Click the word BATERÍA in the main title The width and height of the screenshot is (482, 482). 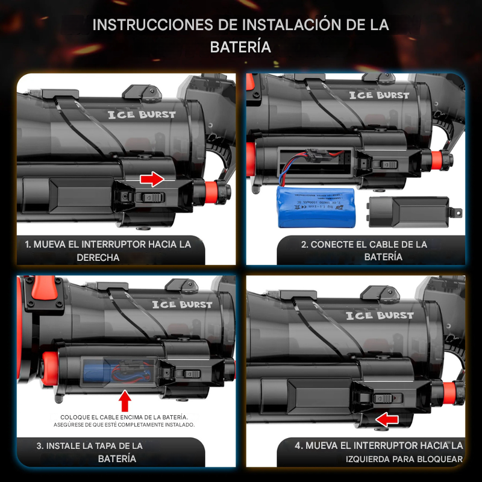pos(240,47)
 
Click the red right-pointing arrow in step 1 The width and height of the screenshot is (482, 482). pos(152,178)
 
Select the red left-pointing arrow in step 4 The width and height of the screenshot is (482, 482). pos(387,419)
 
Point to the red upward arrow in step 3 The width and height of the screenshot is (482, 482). pos(125,400)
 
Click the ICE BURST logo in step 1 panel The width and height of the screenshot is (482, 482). pos(142,114)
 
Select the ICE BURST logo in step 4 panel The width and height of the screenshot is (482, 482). pos(380,315)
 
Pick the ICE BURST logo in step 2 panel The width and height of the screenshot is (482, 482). pos(379,95)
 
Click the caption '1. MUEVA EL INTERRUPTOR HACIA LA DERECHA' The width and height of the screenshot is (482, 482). pos(108,251)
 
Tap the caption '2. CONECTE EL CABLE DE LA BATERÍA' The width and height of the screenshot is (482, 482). pos(365,251)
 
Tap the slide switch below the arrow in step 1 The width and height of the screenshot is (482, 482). pos(149,197)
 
